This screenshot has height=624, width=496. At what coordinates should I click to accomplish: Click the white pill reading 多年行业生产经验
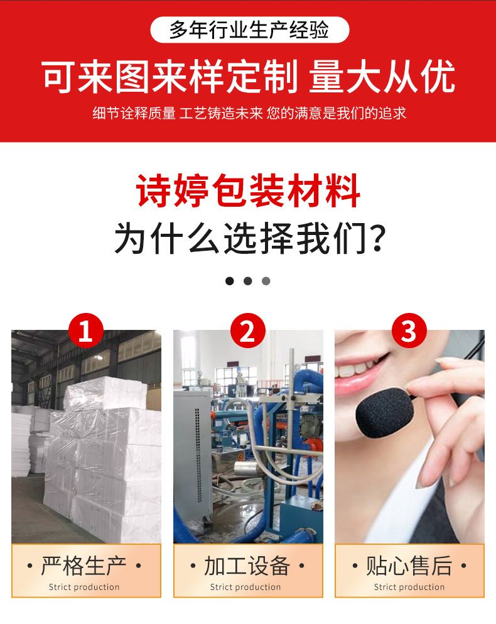pyautogui.click(x=249, y=30)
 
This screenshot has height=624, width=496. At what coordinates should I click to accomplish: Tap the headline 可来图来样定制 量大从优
pyautogui.click(x=248, y=77)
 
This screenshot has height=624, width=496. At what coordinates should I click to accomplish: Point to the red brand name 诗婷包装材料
pyautogui.click(x=248, y=191)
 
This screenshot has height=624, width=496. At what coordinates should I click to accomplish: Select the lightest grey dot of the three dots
pyautogui.click(x=266, y=281)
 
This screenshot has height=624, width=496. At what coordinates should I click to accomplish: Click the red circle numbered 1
pyautogui.click(x=85, y=331)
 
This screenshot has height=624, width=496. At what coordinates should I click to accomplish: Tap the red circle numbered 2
pyautogui.click(x=248, y=331)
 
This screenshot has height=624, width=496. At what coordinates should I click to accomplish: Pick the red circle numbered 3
pyautogui.click(x=409, y=331)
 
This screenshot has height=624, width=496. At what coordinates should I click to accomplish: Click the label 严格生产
pyautogui.click(x=84, y=566)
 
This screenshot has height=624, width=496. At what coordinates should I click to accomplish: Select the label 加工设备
pyautogui.click(x=247, y=566)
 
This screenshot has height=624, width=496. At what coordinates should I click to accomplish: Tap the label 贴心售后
pyautogui.click(x=409, y=566)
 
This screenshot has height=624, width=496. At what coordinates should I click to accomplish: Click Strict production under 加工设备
pyautogui.click(x=245, y=587)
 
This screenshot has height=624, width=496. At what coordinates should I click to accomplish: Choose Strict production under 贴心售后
pyautogui.click(x=409, y=587)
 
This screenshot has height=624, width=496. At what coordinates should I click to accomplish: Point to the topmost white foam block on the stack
pyautogui.click(x=105, y=394)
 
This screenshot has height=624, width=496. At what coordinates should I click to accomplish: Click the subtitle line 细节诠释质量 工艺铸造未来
pyautogui.click(x=178, y=113)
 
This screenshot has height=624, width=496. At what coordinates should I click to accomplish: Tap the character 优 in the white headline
pyautogui.click(x=438, y=77)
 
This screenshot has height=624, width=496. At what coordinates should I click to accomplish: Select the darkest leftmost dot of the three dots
pyautogui.click(x=230, y=281)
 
